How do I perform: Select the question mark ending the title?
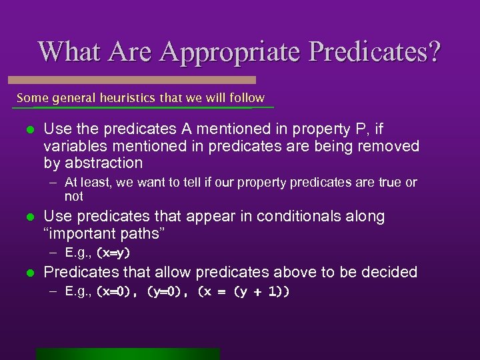click(433, 52)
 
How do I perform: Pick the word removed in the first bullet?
click(394, 145)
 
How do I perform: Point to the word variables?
click(73, 145)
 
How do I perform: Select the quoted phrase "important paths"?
click(104, 234)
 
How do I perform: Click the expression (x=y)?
click(113, 253)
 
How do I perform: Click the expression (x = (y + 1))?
click(243, 292)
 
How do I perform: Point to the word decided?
click(389, 272)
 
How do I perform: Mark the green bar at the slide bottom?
click(127, 354)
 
